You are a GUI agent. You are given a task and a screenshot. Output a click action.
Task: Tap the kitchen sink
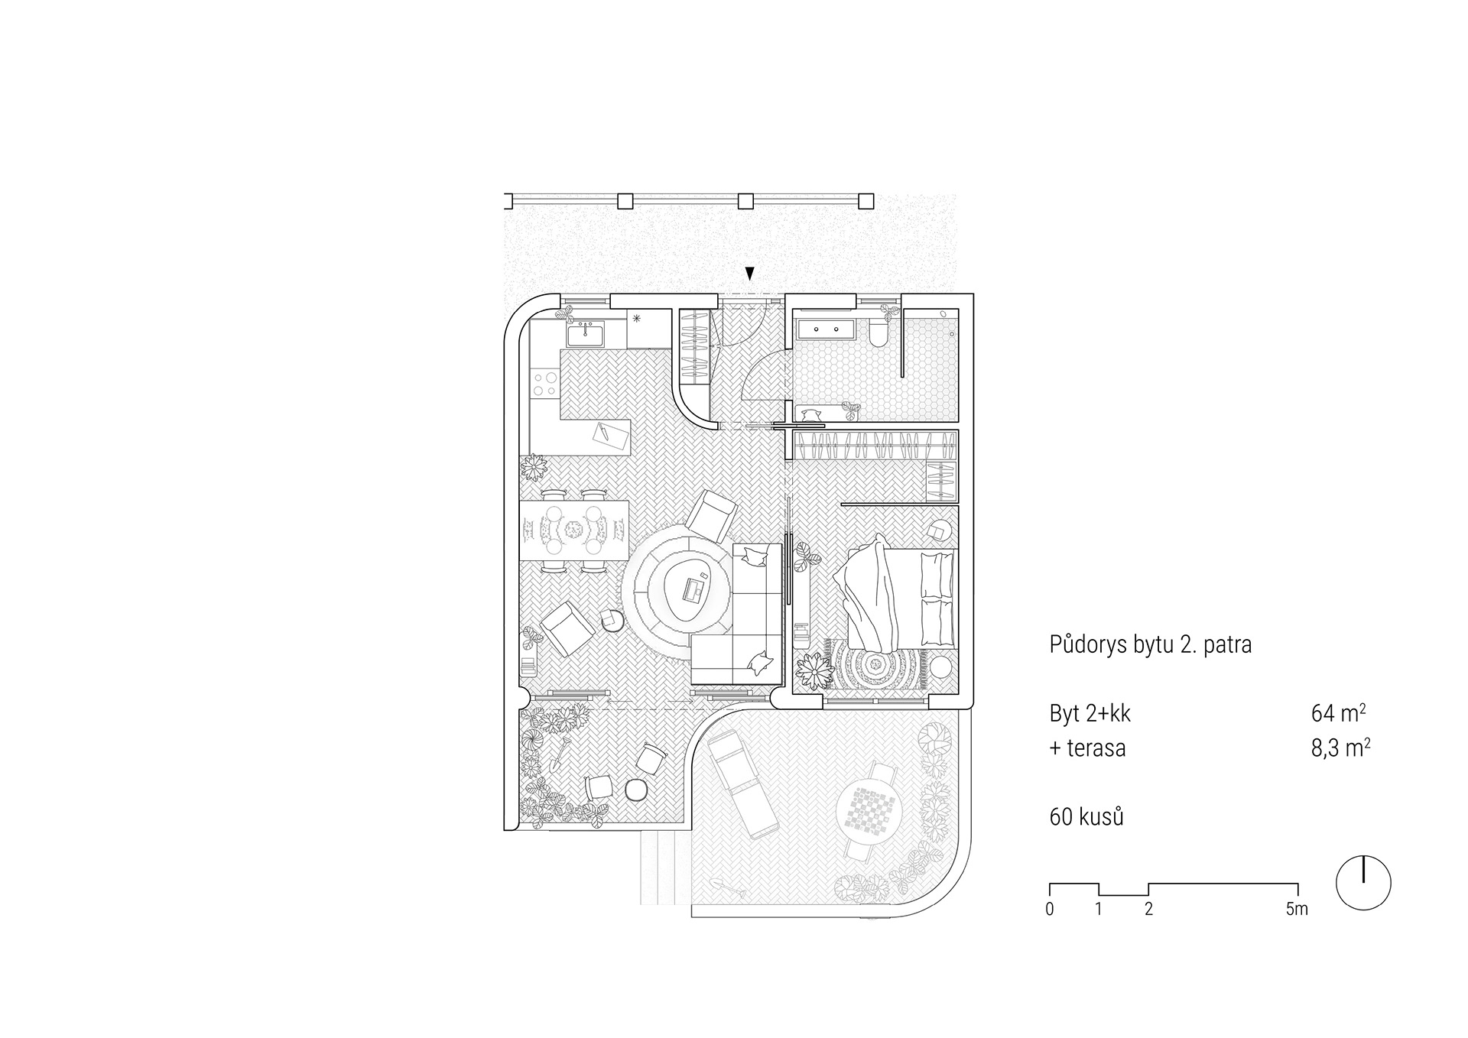tap(585, 334)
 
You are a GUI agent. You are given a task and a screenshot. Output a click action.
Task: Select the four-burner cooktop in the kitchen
tap(544, 384)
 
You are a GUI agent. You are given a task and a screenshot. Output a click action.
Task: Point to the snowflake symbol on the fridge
tap(636, 318)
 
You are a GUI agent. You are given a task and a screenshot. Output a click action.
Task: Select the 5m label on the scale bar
tap(1297, 909)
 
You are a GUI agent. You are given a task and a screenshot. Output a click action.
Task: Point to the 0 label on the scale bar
tap(1050, 909)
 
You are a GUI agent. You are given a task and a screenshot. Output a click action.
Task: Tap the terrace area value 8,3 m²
tap(1340, 747)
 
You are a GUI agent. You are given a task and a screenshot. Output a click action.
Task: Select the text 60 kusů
tap(1086, 816)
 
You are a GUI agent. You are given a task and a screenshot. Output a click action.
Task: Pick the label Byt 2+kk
tap(1090, 713)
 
